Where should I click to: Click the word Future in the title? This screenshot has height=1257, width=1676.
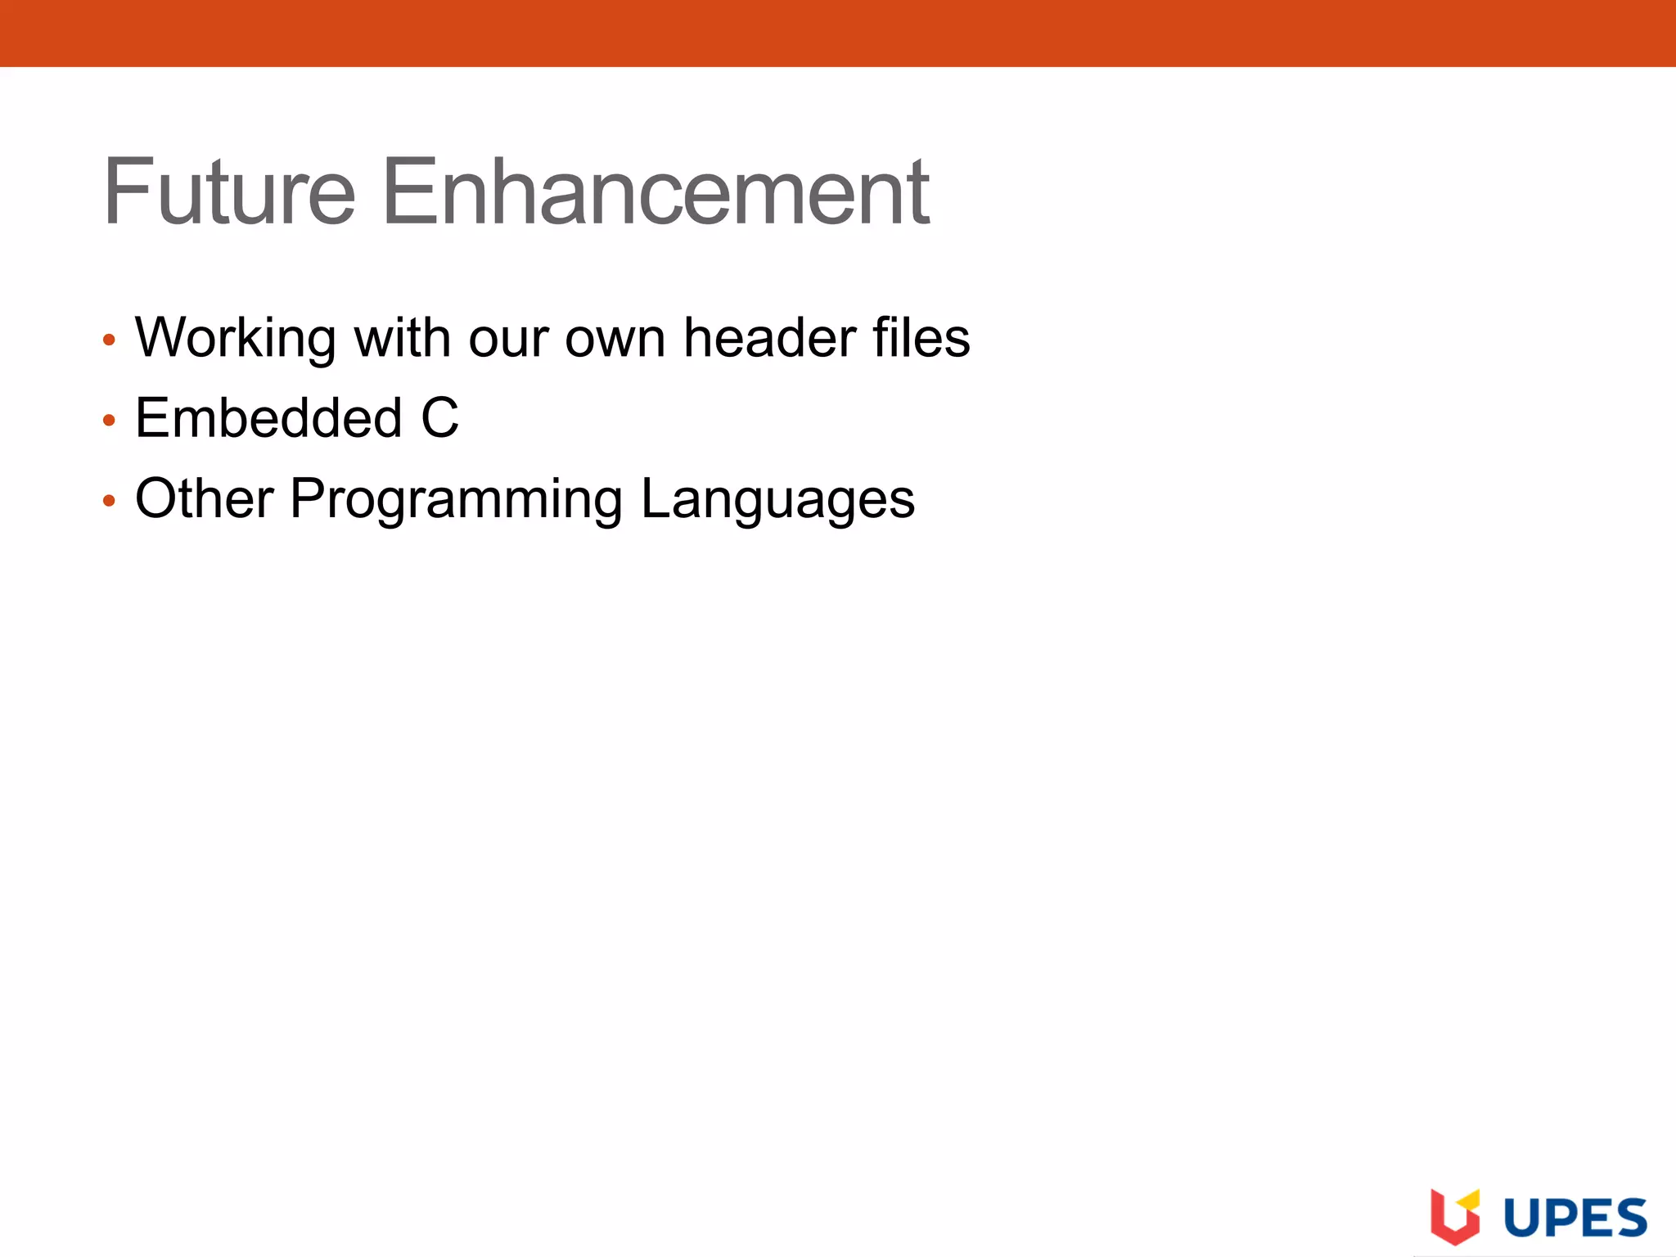[x=229, y=192]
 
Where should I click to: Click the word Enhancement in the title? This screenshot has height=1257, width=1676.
[x=656, y=192]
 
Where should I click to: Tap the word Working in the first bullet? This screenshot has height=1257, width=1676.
[x=236, y=337]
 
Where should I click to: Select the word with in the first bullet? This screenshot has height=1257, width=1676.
[x=402, y=337]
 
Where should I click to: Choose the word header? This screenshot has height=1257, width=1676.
[x=769, y=337]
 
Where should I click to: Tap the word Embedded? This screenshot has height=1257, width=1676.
[x=268, y=417]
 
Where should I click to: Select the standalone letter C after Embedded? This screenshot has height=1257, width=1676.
[x=439, y=417]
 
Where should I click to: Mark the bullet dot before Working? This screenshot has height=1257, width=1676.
[x=109, y=340]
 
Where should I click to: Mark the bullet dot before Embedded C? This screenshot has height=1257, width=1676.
[x=109, y=421]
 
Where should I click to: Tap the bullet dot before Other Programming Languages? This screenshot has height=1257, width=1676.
[x=109, y=501]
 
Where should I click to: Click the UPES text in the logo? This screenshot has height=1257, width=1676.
[x=1575, y=1219]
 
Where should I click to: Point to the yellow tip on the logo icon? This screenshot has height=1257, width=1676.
[x=1471, y=1199]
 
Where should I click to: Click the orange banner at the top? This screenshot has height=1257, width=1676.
[x=838, y=33]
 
